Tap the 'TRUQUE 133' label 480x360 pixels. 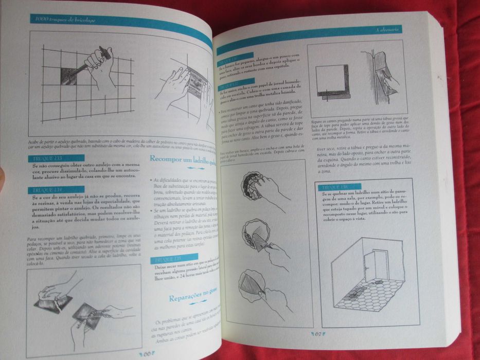(46, 158)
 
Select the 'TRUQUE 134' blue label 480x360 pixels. (46, 190)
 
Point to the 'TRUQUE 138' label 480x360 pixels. (336, 187)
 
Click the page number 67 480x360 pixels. (317, 333)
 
